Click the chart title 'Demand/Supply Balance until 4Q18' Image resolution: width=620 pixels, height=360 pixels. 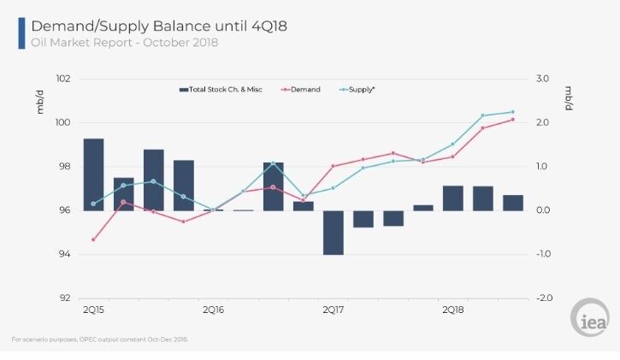[159, 27]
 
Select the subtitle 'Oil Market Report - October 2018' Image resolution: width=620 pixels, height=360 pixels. [125, 42]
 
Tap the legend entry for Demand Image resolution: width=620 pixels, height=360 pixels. [300, 89]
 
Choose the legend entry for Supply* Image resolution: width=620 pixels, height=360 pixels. [357, 89]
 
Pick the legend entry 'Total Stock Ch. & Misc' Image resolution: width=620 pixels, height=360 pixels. [221, 89]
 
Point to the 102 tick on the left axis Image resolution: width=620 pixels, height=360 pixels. [63, 79]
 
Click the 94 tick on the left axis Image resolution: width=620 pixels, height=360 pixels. [64, 254]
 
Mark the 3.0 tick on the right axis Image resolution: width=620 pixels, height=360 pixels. [542, 79]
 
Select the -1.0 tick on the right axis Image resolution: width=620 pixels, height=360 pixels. [543, 254]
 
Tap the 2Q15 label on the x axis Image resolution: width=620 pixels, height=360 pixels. [93, 310]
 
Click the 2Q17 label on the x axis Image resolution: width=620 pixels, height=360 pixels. [334, 310]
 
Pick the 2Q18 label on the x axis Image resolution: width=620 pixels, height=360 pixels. [453, 310]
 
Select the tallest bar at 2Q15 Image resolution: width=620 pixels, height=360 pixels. [94, 174]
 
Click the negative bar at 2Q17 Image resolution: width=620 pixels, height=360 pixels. [334, 233]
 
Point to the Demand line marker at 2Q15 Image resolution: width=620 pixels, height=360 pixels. [93, 239]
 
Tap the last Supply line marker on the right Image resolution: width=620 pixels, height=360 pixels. [513, 112]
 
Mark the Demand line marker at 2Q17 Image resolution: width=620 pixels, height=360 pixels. [333, 166]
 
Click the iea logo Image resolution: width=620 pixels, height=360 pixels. [590, 317]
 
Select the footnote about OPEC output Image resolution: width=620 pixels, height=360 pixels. [100, 339]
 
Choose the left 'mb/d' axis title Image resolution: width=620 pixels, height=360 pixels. [40, 102]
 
